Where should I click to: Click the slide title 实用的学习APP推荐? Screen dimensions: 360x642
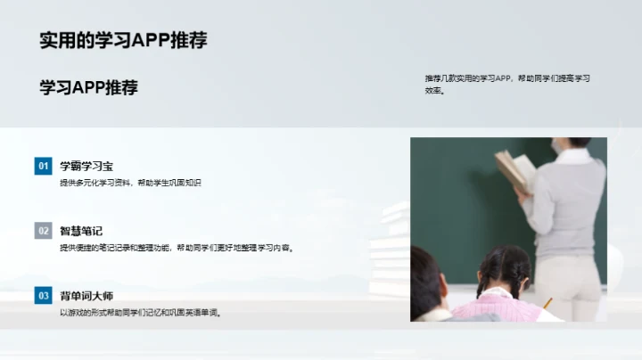123,40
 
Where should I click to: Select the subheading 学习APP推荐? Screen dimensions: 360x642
88,87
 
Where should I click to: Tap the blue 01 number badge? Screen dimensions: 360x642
43,166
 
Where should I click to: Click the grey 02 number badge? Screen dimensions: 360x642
43,231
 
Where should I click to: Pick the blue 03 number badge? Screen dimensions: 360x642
43,295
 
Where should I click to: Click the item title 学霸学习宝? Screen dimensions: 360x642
86,166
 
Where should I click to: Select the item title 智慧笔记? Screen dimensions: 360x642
81,231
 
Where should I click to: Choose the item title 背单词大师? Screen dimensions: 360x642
86,295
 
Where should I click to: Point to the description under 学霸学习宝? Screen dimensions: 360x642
130,183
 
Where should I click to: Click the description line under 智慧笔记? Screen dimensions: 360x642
176,248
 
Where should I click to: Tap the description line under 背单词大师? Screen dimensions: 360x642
140,312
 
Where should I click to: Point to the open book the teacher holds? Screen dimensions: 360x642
514,169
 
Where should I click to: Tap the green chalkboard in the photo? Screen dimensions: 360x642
455,205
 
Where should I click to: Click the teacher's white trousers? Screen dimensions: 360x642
571,285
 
